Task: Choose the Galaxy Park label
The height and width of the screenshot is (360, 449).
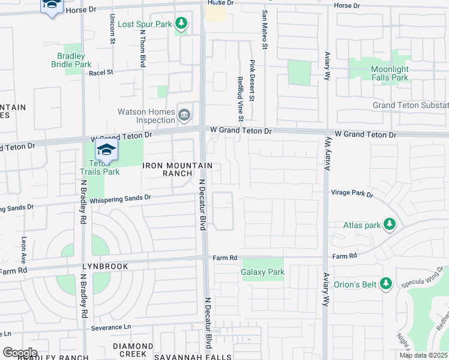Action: click(x=262, y=272)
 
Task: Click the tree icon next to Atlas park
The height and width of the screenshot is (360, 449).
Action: click(x=390, y=224)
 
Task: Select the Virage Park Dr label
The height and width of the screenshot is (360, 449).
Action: click(x=352, y=194)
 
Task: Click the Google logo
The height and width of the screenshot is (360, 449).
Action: click(x=20, y=353)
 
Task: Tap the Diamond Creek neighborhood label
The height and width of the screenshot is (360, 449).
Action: click(x=133, y=350)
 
